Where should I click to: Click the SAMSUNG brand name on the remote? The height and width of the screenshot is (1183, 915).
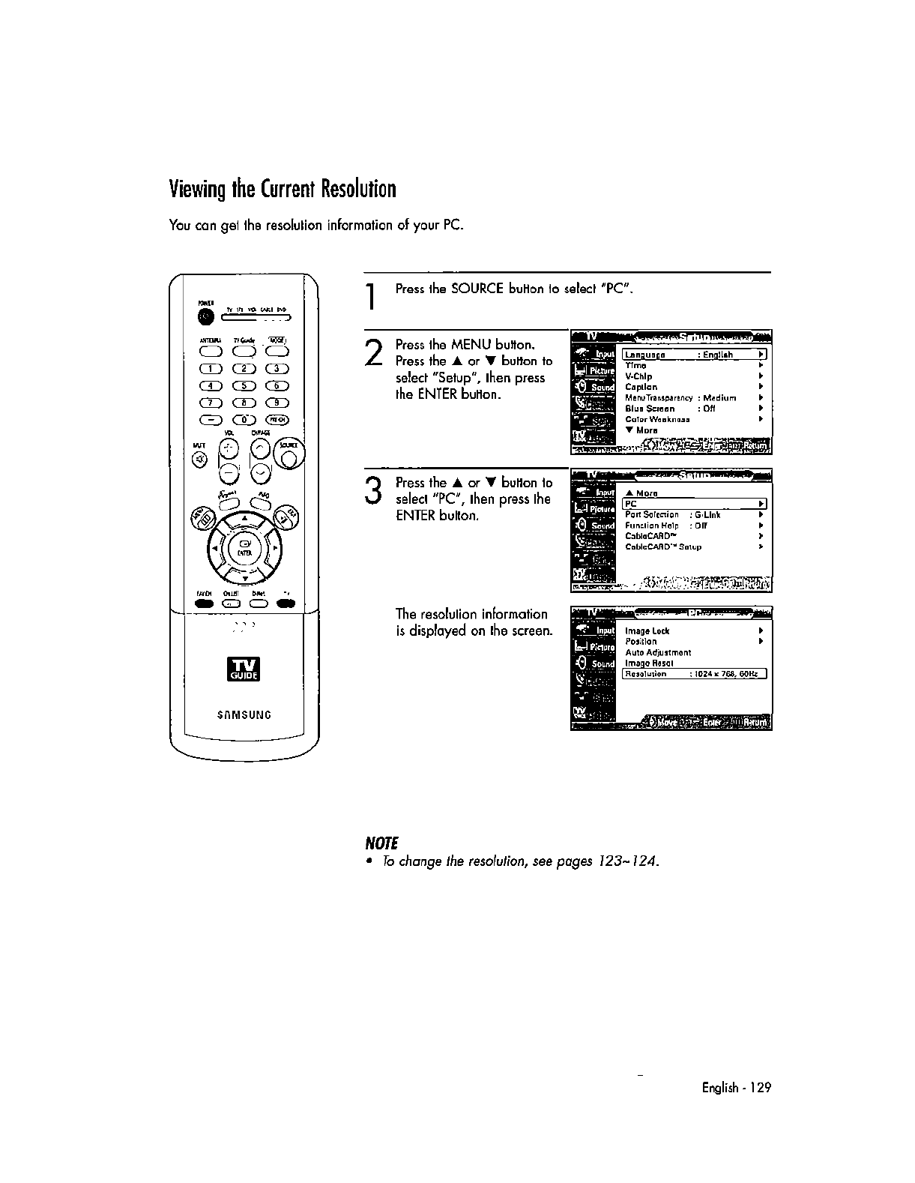(x=244, y=714)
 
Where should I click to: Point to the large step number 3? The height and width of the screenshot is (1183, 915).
(x=374, y=493)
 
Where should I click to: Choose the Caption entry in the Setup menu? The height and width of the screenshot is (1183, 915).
(x=641, y=387)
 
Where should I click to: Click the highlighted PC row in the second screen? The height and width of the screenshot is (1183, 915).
(x=694, y=504)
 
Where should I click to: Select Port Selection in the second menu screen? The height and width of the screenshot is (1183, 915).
(x=652, y=515)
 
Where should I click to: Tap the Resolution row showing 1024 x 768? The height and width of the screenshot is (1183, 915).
(x=694, y=674)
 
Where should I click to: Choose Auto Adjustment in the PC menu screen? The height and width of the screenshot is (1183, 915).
(x=658, y=652)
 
